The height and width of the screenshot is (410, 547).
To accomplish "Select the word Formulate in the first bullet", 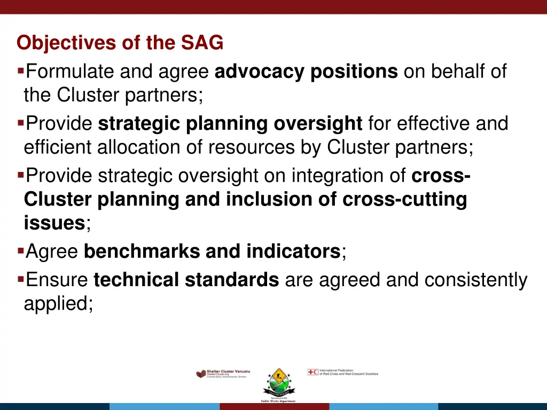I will click(x=71, y=70).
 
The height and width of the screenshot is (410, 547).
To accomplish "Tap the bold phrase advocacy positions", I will click(x=306, y=70).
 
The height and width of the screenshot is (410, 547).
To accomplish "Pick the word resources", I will click(x=251, y=147).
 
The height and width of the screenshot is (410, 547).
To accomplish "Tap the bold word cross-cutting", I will click(x=404, y=199).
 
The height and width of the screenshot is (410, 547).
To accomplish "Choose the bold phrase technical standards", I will click(x=186, y=279).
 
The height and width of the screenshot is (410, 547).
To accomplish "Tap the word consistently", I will click(x=476, y=279).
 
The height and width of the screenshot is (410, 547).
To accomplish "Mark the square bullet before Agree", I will click(x=20, y=249).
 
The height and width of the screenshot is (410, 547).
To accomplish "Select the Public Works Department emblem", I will click(x=278, y=383).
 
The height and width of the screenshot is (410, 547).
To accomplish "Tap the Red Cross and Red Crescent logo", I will click(x=342, y=372).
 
